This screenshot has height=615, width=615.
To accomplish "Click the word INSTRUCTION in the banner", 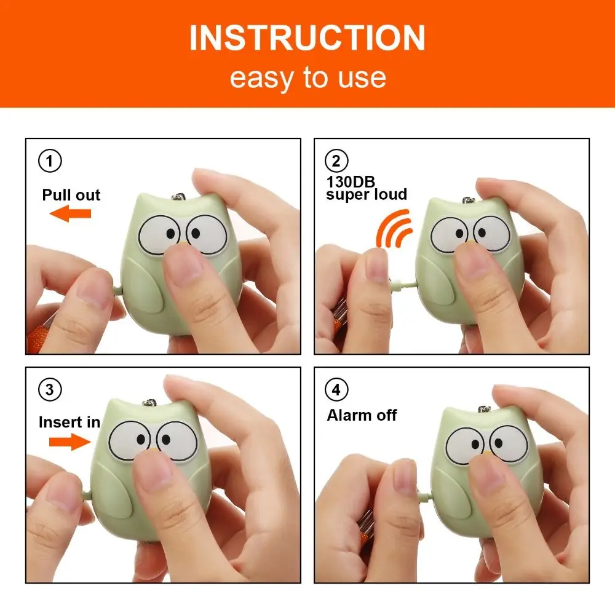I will pyautogui.click(x=307, y=38).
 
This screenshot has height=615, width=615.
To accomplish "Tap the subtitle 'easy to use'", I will pyautogui.click(x=307, y=78).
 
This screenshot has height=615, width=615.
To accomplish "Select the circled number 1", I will pyautogui.click(x=50, y=161).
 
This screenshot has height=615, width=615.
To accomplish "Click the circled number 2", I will pyautogui.click(x=336, y=161).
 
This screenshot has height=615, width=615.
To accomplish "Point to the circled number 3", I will pyautogui.click(x=50, y=389).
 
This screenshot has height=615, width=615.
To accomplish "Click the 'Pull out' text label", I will pyautogui.click(x=71, y=196).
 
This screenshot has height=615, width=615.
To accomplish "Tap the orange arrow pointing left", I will pyautogui.click(x=70, y=214).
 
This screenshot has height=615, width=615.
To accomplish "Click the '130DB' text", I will pyautogui.click(x=350, y=181).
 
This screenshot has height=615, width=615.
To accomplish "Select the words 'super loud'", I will pyautogui.click(x=367, y=194).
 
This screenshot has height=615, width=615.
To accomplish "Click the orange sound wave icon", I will pyautogui.click(x=394, y=228).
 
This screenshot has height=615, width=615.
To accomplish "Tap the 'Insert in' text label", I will pyautogui.click(x=69, y=423).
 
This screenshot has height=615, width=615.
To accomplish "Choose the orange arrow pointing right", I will pyautogui.click(x=69, y=441).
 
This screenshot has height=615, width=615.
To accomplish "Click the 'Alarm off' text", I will pyautogui.click(x=362, y=415).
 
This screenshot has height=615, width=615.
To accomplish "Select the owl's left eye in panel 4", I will pyautogui.click(x=466, y=445).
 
